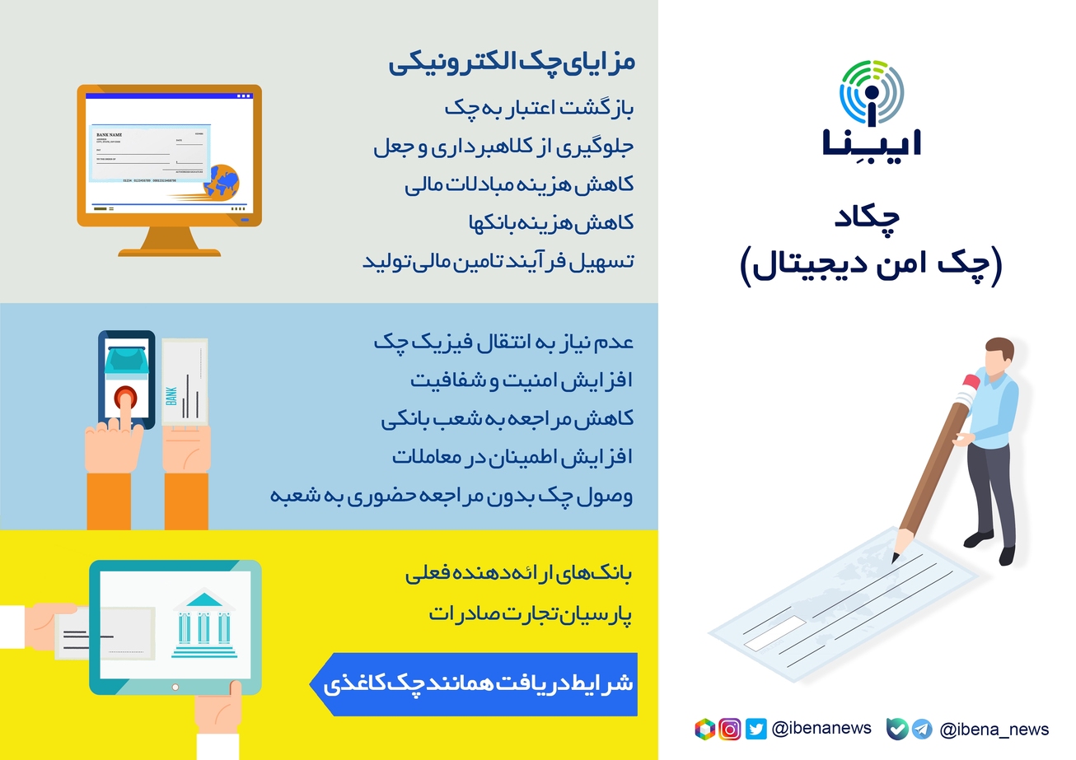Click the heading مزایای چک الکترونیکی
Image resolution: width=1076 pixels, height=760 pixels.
[x=512, y=63]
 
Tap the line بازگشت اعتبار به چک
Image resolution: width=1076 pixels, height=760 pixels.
[x=539, y=108]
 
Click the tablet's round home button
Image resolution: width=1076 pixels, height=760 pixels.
[x=174, y=686]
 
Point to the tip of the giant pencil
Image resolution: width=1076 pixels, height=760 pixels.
[x=896, y=558]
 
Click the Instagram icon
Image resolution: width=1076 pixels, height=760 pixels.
[x=730, y=729]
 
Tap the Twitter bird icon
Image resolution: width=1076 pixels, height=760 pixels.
[x=756, y=729]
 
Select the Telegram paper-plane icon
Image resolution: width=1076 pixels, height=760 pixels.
[x=922, y=729]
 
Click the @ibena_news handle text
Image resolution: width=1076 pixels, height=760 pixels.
[x=994, y=730]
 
